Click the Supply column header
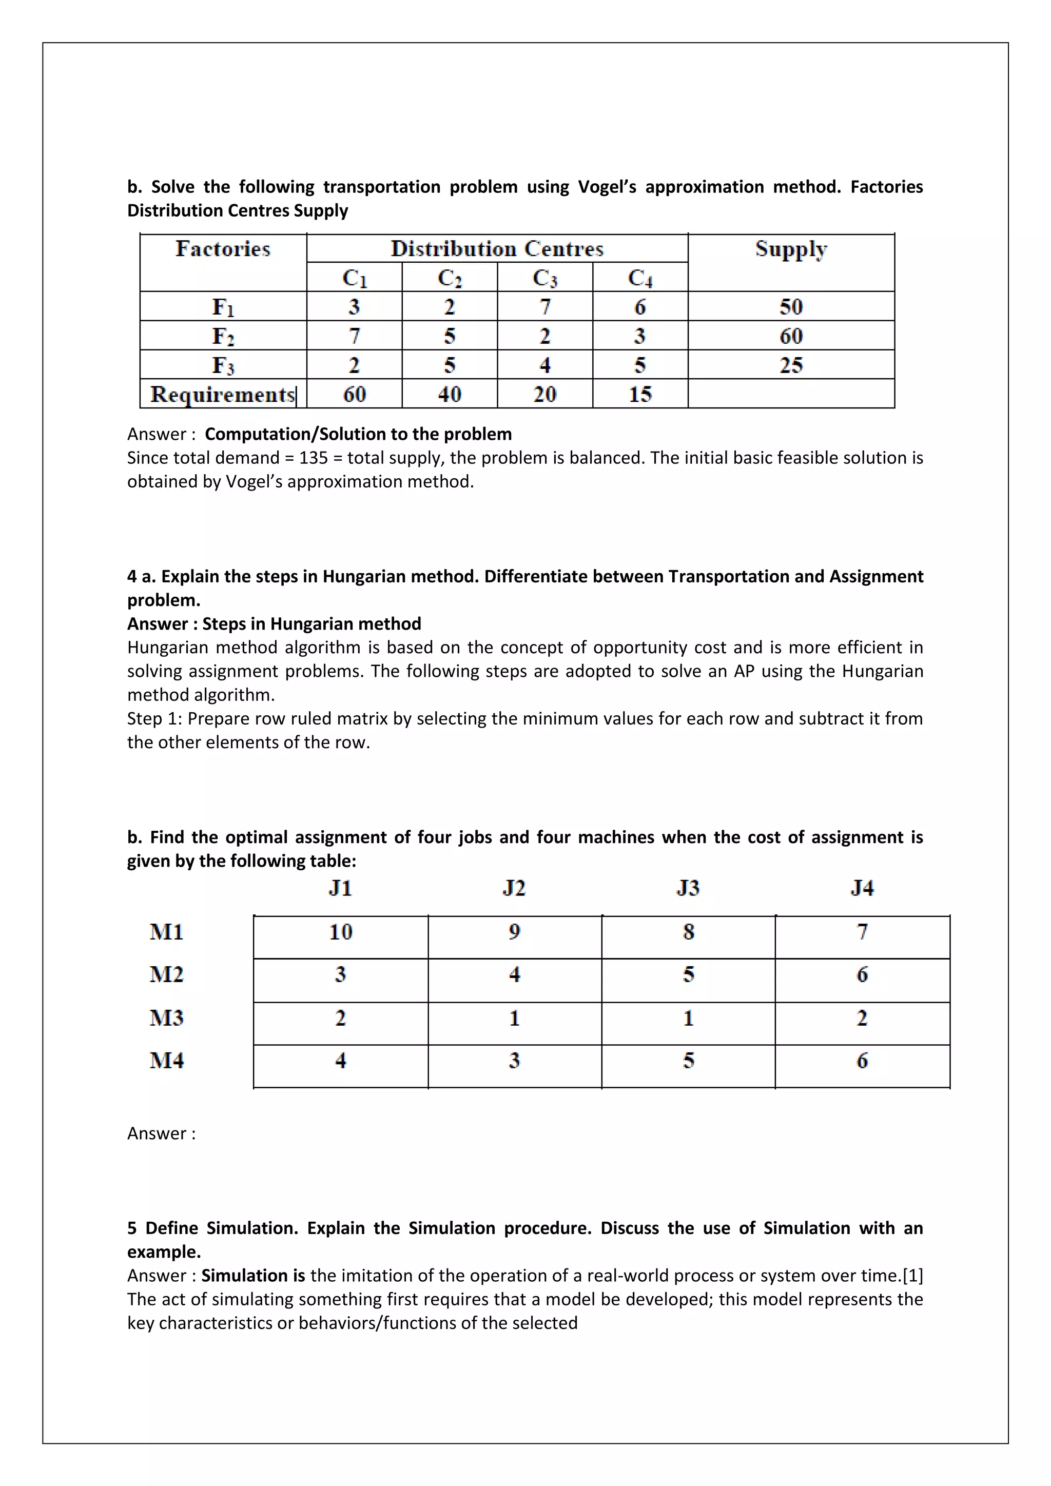click(791, 250)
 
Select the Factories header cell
click(223, 250)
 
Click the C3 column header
click(544, 278)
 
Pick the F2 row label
click(223, 336)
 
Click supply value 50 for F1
click(791, 307)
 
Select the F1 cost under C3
click(544, 307)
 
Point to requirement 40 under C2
click(449, 394)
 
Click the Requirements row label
click(223, 394)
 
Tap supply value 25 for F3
click(791, 365)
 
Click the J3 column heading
click(688, 888)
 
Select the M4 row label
click(166, 1060)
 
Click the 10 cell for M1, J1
click(340, 932)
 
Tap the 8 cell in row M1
click(688, 932)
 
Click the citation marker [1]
click(912, 1276)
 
